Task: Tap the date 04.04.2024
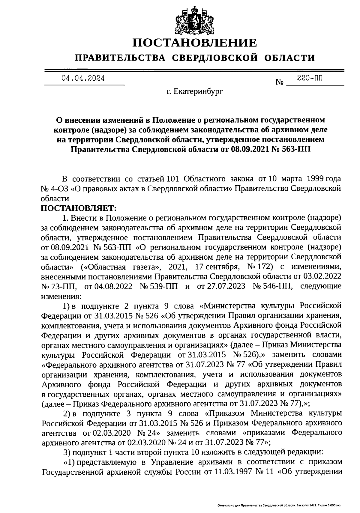[83, 79]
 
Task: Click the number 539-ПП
[164, 286]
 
